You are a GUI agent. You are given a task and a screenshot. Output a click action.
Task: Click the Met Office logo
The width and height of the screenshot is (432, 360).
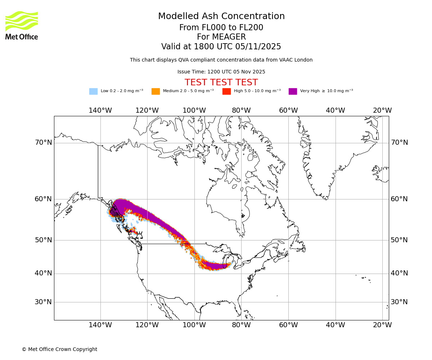point(22,25)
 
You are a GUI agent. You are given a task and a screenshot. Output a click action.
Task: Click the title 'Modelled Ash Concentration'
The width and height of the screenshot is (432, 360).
point(221,17)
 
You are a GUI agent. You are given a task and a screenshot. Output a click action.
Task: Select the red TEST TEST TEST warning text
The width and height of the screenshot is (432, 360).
point(221,82)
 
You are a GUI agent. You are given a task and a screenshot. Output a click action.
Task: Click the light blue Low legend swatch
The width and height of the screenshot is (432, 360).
point(93,91)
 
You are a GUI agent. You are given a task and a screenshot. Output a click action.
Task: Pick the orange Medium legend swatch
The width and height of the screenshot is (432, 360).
point(156,91)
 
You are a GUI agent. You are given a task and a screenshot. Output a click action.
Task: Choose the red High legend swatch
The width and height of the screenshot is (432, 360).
point(226,91)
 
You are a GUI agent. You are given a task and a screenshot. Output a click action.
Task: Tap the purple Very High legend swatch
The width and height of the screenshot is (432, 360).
point(293,91)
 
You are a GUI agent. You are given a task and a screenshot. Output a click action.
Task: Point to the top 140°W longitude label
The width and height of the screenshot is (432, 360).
point(100,111)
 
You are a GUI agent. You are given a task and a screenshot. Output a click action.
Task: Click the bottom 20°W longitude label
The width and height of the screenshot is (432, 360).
point(382,325)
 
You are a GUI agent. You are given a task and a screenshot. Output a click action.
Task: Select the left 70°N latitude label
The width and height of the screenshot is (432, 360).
point(43,143)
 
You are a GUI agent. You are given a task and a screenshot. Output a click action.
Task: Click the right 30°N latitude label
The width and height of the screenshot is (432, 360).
point(399,302)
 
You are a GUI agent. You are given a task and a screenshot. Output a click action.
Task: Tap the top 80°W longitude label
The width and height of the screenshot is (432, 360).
point(241,111)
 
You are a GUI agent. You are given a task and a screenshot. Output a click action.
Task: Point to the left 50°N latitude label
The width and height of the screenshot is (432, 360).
point(43,240)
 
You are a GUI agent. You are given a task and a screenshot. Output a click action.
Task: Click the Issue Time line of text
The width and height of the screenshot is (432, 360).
point(221,72)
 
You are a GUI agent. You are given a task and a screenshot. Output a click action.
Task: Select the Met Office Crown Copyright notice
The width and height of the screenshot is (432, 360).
point(59,349)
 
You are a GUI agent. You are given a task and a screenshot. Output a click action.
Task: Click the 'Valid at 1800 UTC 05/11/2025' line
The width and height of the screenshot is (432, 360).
point(221,47)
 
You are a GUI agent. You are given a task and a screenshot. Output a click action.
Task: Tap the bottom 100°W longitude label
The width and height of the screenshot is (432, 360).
point(194,325)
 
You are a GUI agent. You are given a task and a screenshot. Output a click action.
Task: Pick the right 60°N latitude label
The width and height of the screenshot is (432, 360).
point(399,199)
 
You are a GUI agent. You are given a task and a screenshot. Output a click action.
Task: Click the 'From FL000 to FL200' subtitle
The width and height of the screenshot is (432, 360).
point(221,28)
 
